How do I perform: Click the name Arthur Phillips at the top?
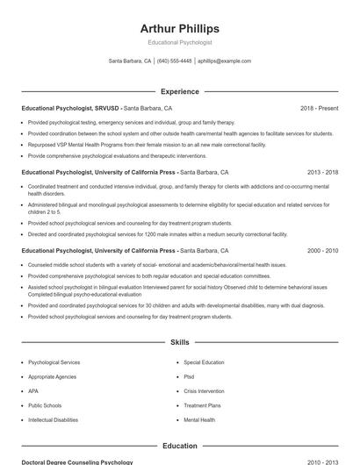(179, 28)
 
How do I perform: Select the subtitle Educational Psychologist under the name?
(179, 42)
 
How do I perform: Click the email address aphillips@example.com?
(225, 61)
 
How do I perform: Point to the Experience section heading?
(179, 91)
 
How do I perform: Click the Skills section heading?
(179, 342)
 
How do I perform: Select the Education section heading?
(179, 446)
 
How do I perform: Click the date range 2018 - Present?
(319, 108)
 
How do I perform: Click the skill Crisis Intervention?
(204, 391)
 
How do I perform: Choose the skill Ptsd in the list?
(189, 376)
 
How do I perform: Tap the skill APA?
(33, 391)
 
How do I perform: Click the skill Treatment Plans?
(202, 405)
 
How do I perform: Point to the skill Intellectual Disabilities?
(53, 420)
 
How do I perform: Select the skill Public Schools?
(45, 405)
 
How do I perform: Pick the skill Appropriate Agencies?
(53, 376)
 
